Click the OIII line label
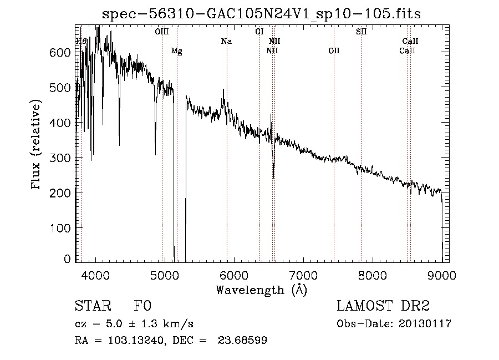pos(162,32)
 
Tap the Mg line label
pos(176,51)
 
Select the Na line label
pos(226,41)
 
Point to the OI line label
pos(259,32)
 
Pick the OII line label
pos(333,51)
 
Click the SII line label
pos(361,32)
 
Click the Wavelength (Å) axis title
pos(261,290)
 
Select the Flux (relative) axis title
pos(37,145)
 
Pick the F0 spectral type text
pos(142,307)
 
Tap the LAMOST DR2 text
pos(383,307)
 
